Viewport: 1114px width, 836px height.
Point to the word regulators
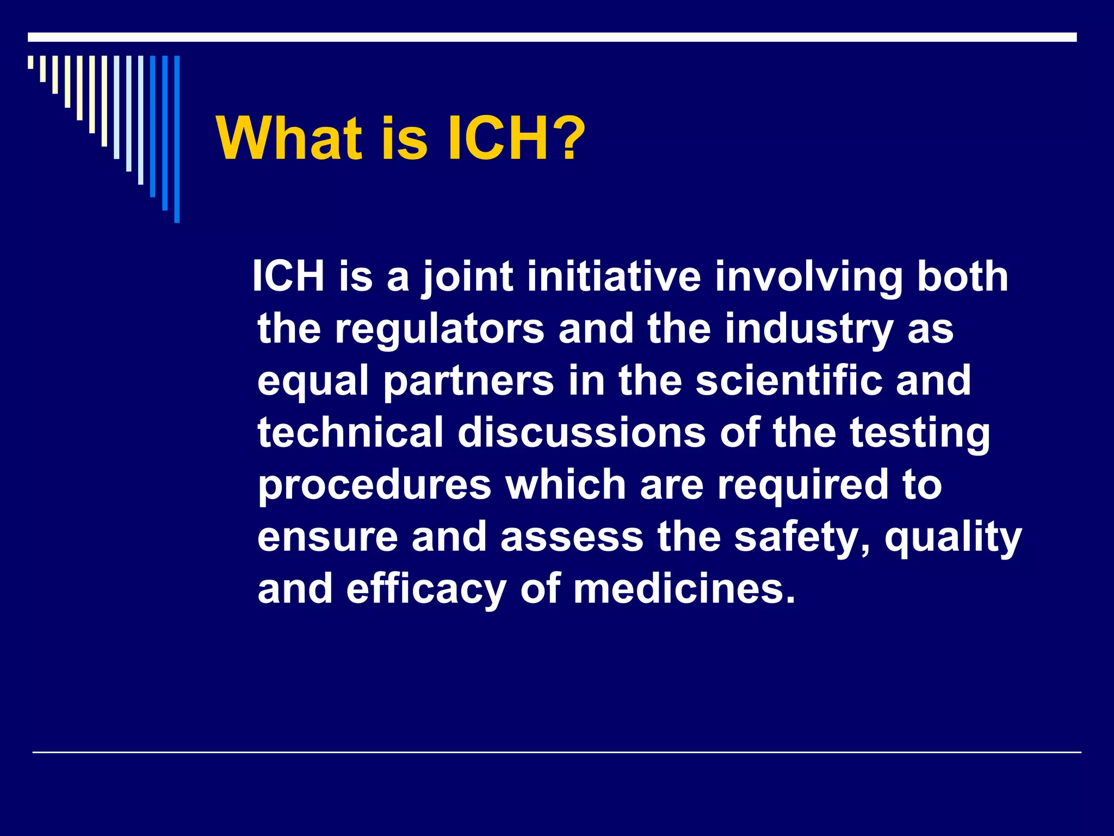coord(440,329)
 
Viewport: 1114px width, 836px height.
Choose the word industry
coord(809,329)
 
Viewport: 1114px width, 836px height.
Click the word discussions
coord(581,433)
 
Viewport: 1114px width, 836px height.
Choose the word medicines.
coord(684,589)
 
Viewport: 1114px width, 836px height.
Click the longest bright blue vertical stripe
coord(177,139)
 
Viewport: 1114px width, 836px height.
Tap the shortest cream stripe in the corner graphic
coord(30,62)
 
